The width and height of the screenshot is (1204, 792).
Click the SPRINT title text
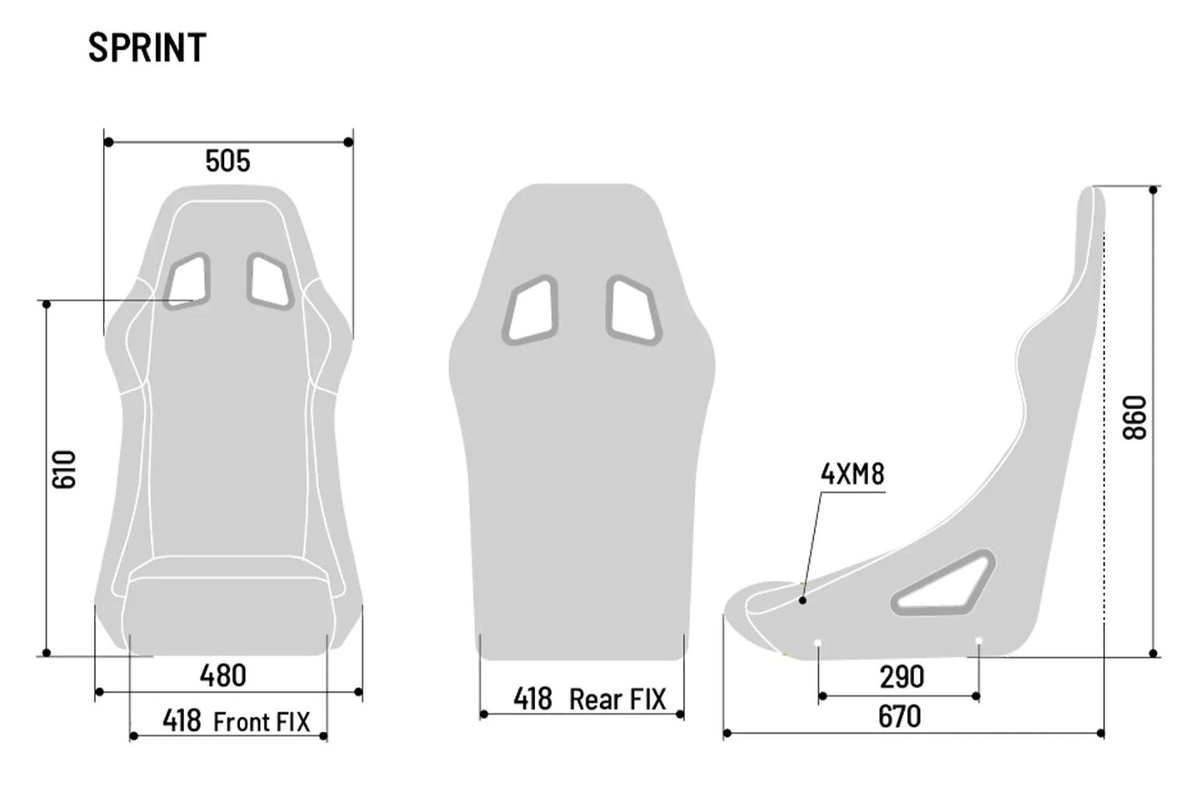tap(147, 48)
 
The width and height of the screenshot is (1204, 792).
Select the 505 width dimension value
tap(227, 161)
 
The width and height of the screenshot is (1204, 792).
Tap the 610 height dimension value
tap(64, 469)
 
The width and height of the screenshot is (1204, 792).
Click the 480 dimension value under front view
tap(222, 675)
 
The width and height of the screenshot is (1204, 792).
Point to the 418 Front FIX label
tap(236, 721)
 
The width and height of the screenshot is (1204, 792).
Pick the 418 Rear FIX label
tap(589, 700)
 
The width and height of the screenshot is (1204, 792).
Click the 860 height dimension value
tap(1135, 418)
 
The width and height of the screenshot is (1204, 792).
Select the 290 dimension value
tap(902, 677)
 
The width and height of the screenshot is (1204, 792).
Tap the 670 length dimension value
tap(900, 716)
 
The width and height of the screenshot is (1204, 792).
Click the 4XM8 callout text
tap(852, 475)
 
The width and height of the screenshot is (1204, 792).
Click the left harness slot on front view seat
tap(188, 281)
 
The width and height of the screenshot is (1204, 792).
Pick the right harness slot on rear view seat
tap(633, 310)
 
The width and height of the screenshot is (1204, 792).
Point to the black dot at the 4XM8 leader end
tap(802, 600)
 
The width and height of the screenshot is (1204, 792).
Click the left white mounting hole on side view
tap(818, 642)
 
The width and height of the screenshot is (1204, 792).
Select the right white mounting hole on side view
tap(978, 641)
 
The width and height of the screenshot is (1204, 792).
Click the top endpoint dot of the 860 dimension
tap(1153, 190)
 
